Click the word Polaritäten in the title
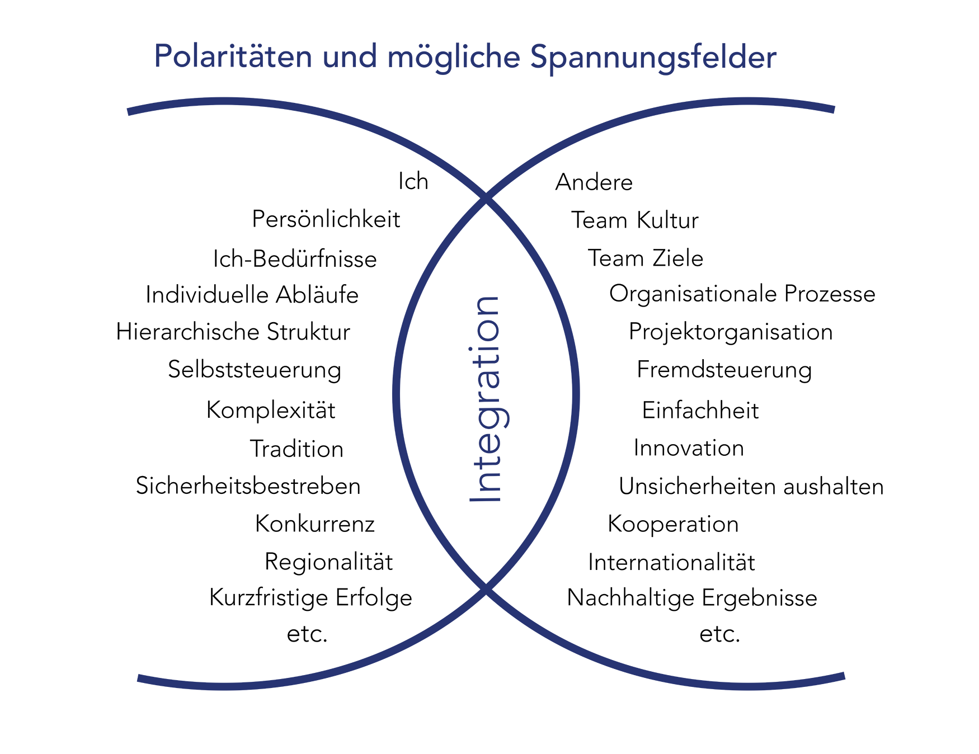click(233, 56)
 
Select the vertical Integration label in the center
click(486, 399)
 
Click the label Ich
click(413, 182)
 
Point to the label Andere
click(594, 182)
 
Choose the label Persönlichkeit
click(326, 219)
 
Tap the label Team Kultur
click(635, 220)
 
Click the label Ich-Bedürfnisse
click(295, 259)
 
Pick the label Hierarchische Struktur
click(233, 332)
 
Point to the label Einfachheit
click(700, 411)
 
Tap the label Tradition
click(296, 449)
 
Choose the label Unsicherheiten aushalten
click(751, 487)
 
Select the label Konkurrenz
click(315, 524)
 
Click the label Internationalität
click(671, 563)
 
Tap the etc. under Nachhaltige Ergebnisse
click(720, 634)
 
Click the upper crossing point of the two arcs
click(486, 198)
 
